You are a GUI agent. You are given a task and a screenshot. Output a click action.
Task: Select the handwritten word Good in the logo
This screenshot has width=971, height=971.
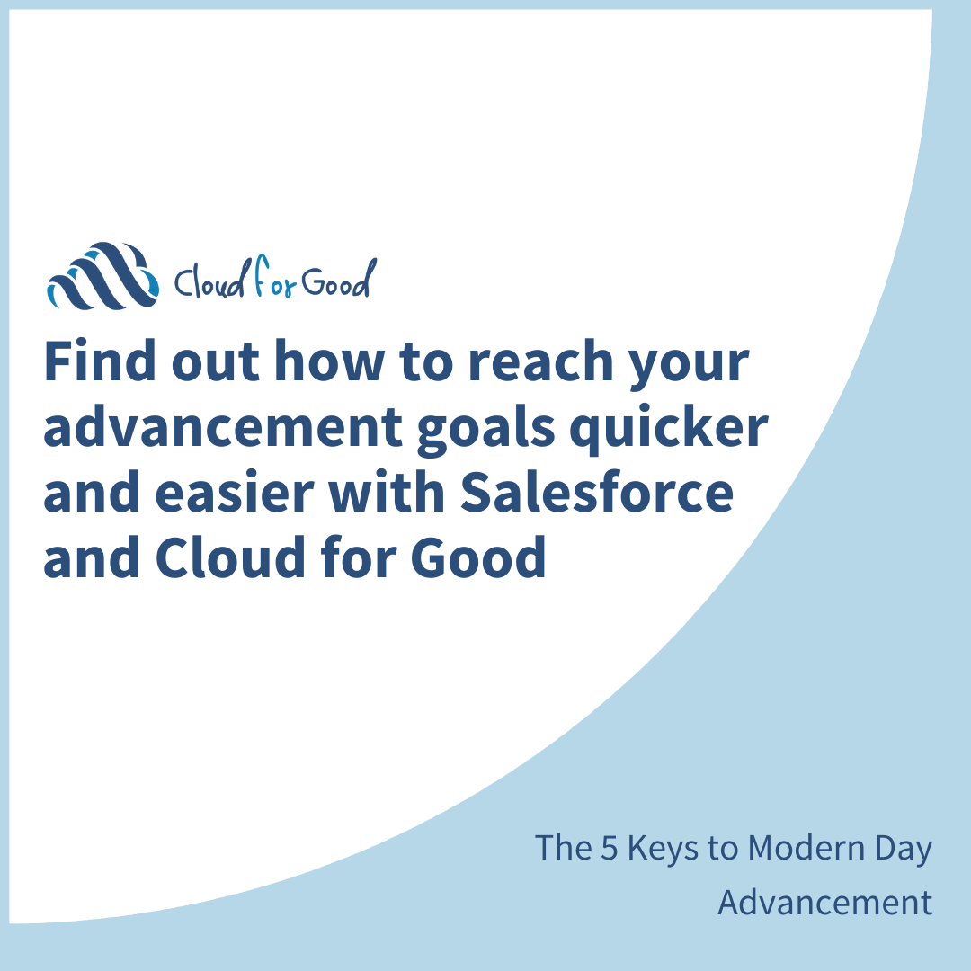pyautogui.click(x=335, y=282)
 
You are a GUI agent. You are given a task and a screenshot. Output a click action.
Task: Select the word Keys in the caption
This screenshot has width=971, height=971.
pyautogui.click(x=662, y=849)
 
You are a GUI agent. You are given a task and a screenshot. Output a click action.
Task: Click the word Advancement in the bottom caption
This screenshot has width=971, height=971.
pyautogui.click(x=824, y=903)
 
